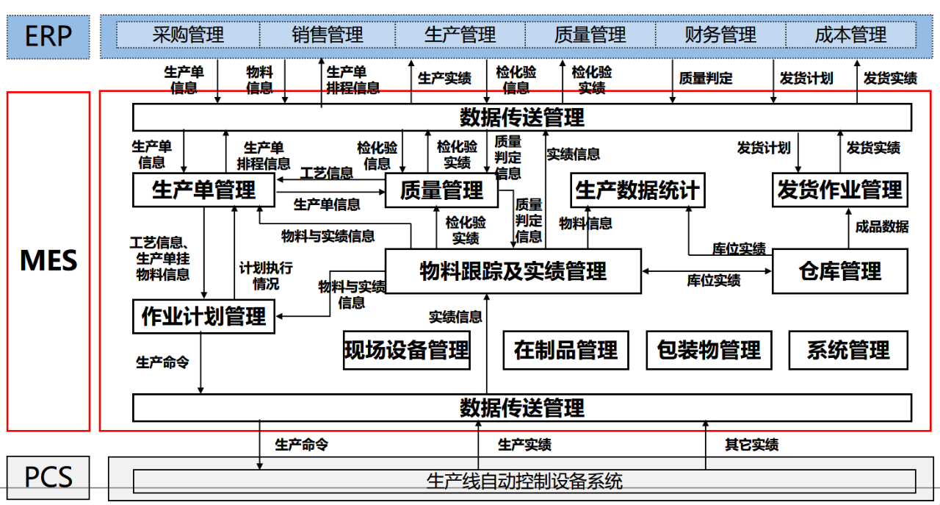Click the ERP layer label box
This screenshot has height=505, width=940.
tap(48, 36)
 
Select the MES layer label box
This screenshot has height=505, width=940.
tap(48, 261)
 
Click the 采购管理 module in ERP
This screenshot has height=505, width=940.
tap(188, 35)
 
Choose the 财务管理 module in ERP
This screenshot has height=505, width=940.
tap(720, 35)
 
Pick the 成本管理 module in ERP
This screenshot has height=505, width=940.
tap(850, 35)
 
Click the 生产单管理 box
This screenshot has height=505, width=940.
tap(203, 190)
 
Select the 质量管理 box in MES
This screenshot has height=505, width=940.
tap(441, 191)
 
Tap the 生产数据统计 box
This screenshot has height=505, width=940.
tap(637, 190)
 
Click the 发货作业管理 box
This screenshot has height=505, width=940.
tap(839, 190)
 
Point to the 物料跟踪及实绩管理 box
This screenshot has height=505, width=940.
tap(513, 271)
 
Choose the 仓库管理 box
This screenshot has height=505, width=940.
tap(839, 271)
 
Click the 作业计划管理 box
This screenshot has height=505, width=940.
tap(203, 317)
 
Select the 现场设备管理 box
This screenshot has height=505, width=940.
tap(406, 350)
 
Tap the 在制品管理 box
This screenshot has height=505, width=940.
tap(565, 350)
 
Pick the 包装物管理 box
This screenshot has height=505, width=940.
tap(709, 350)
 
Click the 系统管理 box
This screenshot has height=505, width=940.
tap(847, 350)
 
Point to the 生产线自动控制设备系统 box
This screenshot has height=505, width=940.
tap(524, 481)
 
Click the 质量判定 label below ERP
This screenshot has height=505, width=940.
tap(706, 78)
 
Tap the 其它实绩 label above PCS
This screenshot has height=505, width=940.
tap(751, 445)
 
